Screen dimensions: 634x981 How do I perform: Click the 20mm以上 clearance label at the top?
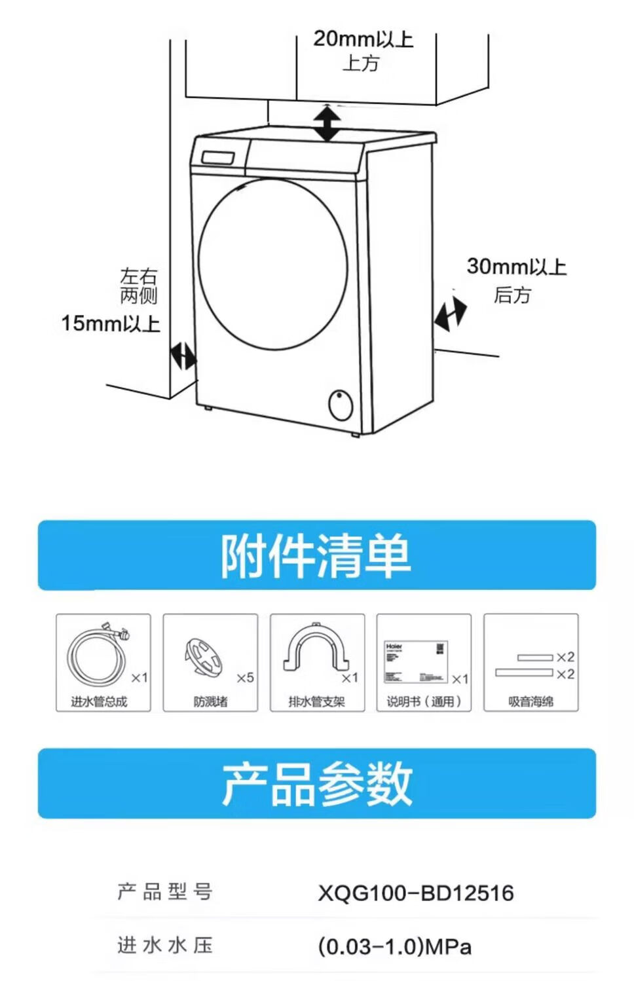[x=363, y=39]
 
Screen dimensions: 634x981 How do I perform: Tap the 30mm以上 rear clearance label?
[x=516, y=267]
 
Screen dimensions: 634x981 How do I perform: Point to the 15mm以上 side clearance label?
[x=111, y=323]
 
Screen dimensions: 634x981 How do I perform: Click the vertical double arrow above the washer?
[x=326, y=122]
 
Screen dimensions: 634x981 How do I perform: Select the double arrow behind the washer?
[x=451, y=314]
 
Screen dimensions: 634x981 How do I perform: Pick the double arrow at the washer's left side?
[x=183, y=356]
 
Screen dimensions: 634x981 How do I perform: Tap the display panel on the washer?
[x=219, y=158]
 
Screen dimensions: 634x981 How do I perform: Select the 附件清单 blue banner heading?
[x=316, y=556]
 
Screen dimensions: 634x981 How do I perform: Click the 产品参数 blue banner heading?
[x=316, y=784]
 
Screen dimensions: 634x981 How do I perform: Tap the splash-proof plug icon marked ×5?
[x=204, y=656]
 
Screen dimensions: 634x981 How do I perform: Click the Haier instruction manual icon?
[x=415, y=661]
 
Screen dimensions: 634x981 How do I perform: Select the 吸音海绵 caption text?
[x=531, y=701]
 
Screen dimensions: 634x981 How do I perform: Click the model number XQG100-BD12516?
[x=416, y=893]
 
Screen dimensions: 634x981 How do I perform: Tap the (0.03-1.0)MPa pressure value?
[x=394, y=946]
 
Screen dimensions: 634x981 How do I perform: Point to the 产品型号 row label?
[x=165, y=892]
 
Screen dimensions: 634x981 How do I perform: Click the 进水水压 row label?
[x=165, y=945]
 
